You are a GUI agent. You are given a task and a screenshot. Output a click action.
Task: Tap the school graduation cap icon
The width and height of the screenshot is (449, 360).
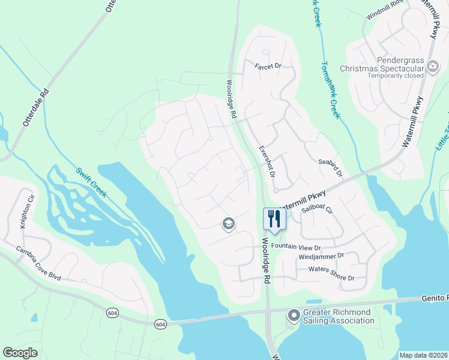click(228, 224)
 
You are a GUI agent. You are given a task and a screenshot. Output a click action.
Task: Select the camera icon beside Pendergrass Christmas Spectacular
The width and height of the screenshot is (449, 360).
click(433, 68)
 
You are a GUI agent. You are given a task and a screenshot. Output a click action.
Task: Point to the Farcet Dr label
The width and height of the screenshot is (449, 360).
click(268, 66)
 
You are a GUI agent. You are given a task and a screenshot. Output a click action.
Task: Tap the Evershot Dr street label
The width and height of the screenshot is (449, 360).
click(266, 161)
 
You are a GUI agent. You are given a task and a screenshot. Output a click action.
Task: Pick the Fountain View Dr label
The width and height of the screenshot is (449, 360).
click(297, 247)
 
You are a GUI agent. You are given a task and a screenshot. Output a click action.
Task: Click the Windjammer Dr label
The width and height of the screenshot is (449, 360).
click(321, 256)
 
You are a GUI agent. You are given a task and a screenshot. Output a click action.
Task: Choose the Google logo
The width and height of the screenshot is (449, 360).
click(20, 353)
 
